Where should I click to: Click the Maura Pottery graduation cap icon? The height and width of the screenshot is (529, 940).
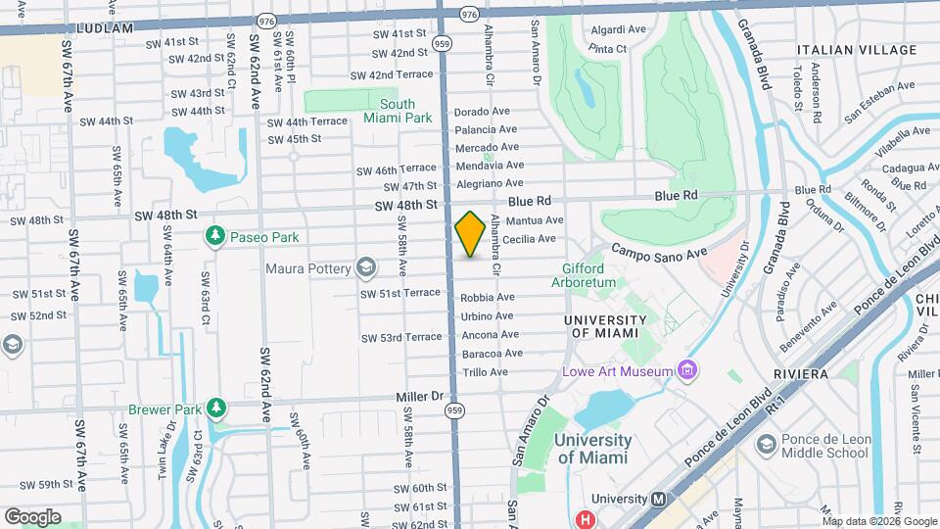tap(366, 267)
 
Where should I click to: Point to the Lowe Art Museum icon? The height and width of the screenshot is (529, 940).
tap(687, 370)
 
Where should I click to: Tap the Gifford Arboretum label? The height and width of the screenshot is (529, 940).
tap(589, 275)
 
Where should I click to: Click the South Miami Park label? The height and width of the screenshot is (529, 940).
tap(398, 111)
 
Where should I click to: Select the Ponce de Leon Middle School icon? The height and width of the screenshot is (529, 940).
tap(766, 446)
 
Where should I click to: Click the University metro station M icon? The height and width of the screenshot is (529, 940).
tap(661, 498)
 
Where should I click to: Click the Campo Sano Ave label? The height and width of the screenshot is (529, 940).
tap(658, 253)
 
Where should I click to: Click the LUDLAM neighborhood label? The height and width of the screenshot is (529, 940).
tap(103, 29)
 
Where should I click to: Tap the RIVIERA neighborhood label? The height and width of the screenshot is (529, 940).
tap(800, 374)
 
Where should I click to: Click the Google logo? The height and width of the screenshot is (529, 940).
tap(32, 516)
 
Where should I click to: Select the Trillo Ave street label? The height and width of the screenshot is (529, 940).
tap(486, 372)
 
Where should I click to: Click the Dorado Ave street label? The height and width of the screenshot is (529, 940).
tap(482, 112)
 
